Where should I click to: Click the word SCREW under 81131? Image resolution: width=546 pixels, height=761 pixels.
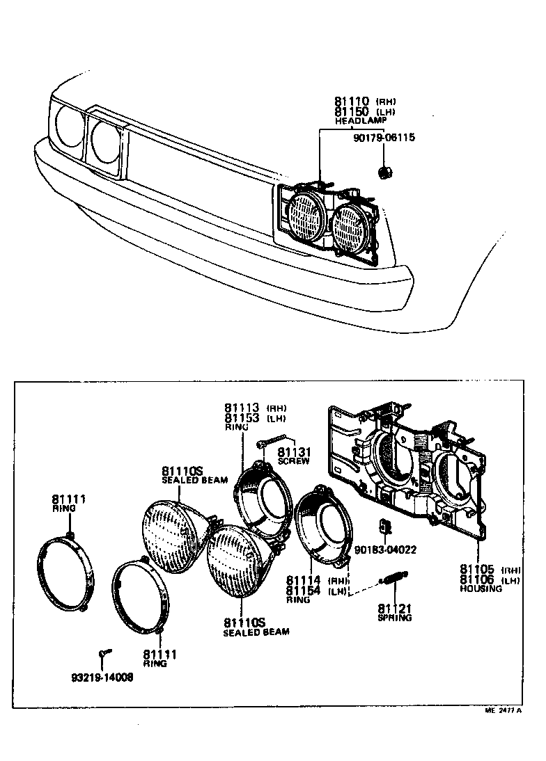293,461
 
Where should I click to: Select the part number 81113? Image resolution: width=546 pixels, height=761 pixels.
242,408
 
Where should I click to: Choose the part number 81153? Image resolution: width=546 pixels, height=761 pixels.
242,418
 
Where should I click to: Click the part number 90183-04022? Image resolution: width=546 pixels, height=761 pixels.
385,550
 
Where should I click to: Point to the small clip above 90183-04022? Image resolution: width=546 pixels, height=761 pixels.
382,527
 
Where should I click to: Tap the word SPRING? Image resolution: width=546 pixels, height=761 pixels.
394,617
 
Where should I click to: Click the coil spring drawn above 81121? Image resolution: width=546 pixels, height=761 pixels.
393,578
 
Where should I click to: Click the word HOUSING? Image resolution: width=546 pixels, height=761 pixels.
481,588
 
